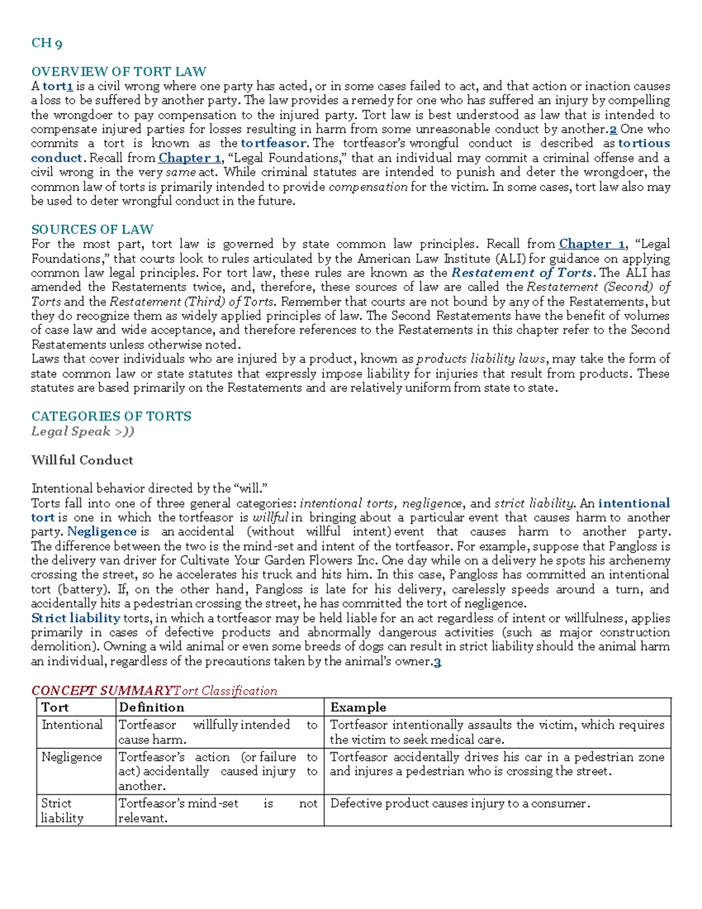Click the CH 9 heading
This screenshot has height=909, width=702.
pos(47,43)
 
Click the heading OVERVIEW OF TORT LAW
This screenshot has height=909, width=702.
pos(119,71)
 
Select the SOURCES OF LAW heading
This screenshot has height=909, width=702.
pos(92,229)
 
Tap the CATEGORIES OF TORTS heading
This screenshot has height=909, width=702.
pos(111,416)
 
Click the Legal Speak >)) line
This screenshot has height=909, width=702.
pos(82,431)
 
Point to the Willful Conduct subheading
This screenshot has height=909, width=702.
pos(82,460)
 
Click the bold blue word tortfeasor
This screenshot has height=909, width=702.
pos(273,143)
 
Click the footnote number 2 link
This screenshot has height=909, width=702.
pos(613,129)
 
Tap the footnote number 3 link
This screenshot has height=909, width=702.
pos(438,662)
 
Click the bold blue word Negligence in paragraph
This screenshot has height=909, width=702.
pos(102,532)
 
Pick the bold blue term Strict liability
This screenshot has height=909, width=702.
pos(75,619)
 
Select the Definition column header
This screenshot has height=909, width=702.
pos(152,707)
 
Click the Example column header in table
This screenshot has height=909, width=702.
pos(358,707)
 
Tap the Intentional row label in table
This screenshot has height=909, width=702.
pos(71,725)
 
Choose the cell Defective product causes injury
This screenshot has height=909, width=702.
pos(460,804)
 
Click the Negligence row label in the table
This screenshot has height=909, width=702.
pos(71,757)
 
